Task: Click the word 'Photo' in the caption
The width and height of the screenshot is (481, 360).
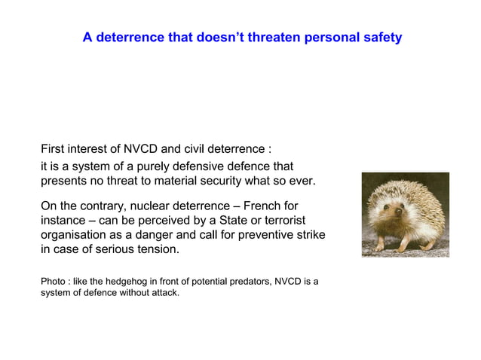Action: coord(53,282)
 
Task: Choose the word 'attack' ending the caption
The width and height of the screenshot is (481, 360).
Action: coord(164,293)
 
